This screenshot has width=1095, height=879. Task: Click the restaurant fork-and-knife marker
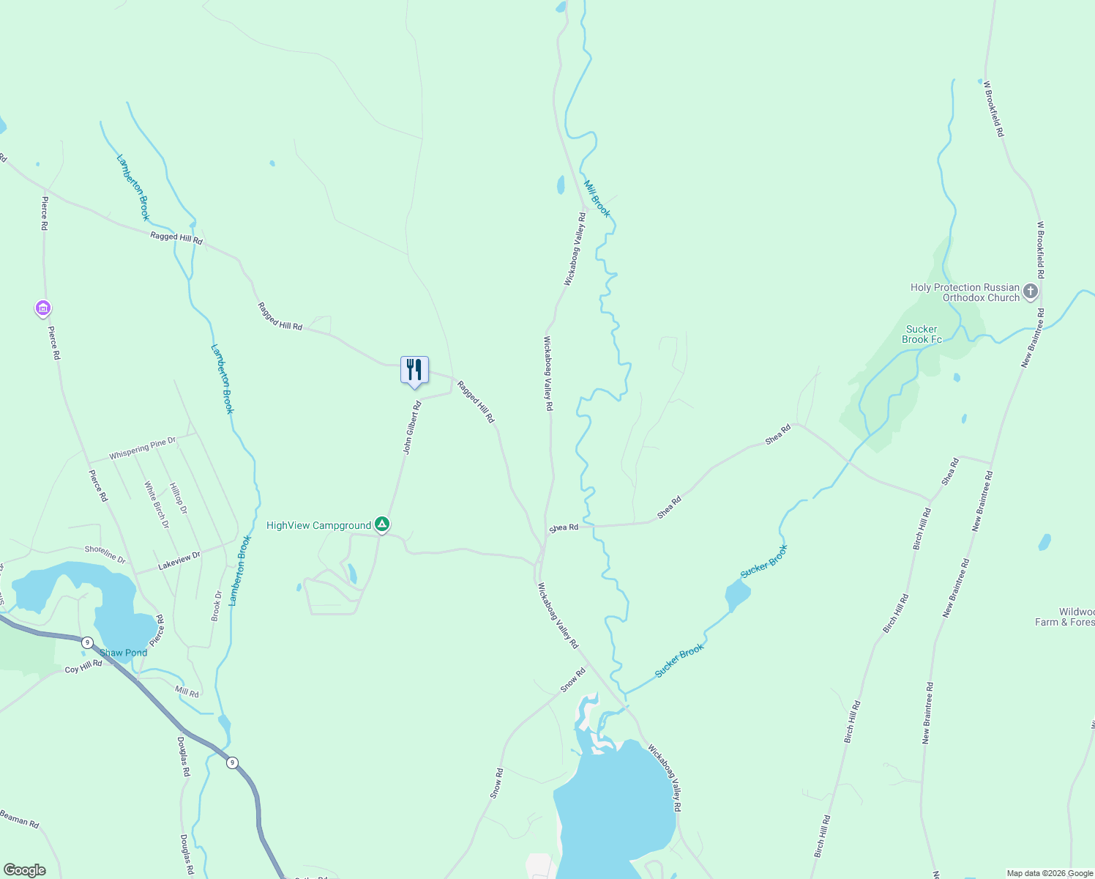(414, 370)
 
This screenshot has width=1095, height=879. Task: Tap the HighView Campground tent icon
(381, 524)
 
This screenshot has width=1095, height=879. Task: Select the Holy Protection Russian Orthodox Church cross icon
(1030, 292)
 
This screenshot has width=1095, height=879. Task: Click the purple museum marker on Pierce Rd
(43, 309)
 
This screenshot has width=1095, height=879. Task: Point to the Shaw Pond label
(123, 653)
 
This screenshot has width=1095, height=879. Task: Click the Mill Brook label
(597, 199)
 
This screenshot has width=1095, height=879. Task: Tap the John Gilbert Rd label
(413, 428)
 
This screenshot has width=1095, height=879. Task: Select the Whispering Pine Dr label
(143, 448)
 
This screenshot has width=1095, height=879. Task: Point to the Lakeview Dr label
(179, 559)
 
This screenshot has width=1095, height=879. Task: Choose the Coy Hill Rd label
(83, 667)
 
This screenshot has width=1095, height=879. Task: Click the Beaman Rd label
(20, 818)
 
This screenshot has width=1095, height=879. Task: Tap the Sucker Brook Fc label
(922, 334)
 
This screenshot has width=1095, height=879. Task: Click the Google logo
(24, 870)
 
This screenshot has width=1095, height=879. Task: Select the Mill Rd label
(187, 691)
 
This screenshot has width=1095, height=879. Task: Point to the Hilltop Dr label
(178, 498)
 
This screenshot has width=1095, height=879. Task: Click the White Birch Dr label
(156, 505)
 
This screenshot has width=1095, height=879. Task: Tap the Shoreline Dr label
(105, 554)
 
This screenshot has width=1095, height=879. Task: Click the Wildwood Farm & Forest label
(1066, 617)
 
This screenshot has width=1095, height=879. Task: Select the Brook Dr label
(216, 606)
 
